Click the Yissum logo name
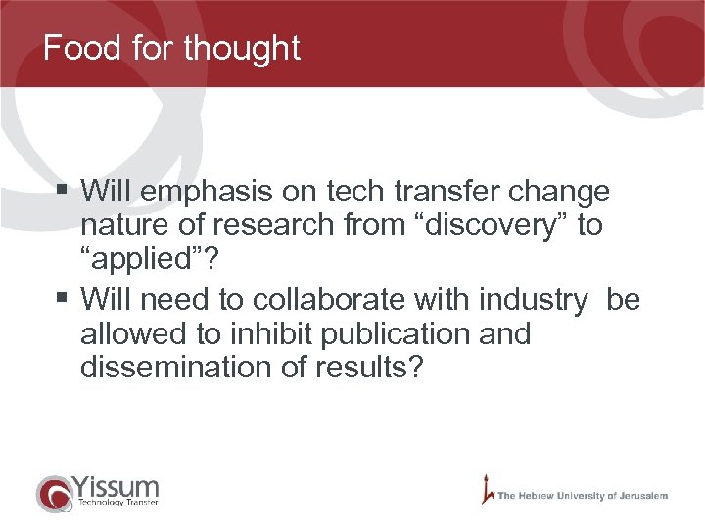pos(115,485)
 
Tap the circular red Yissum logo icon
pos(53,493)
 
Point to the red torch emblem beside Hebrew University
pos(486,489)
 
